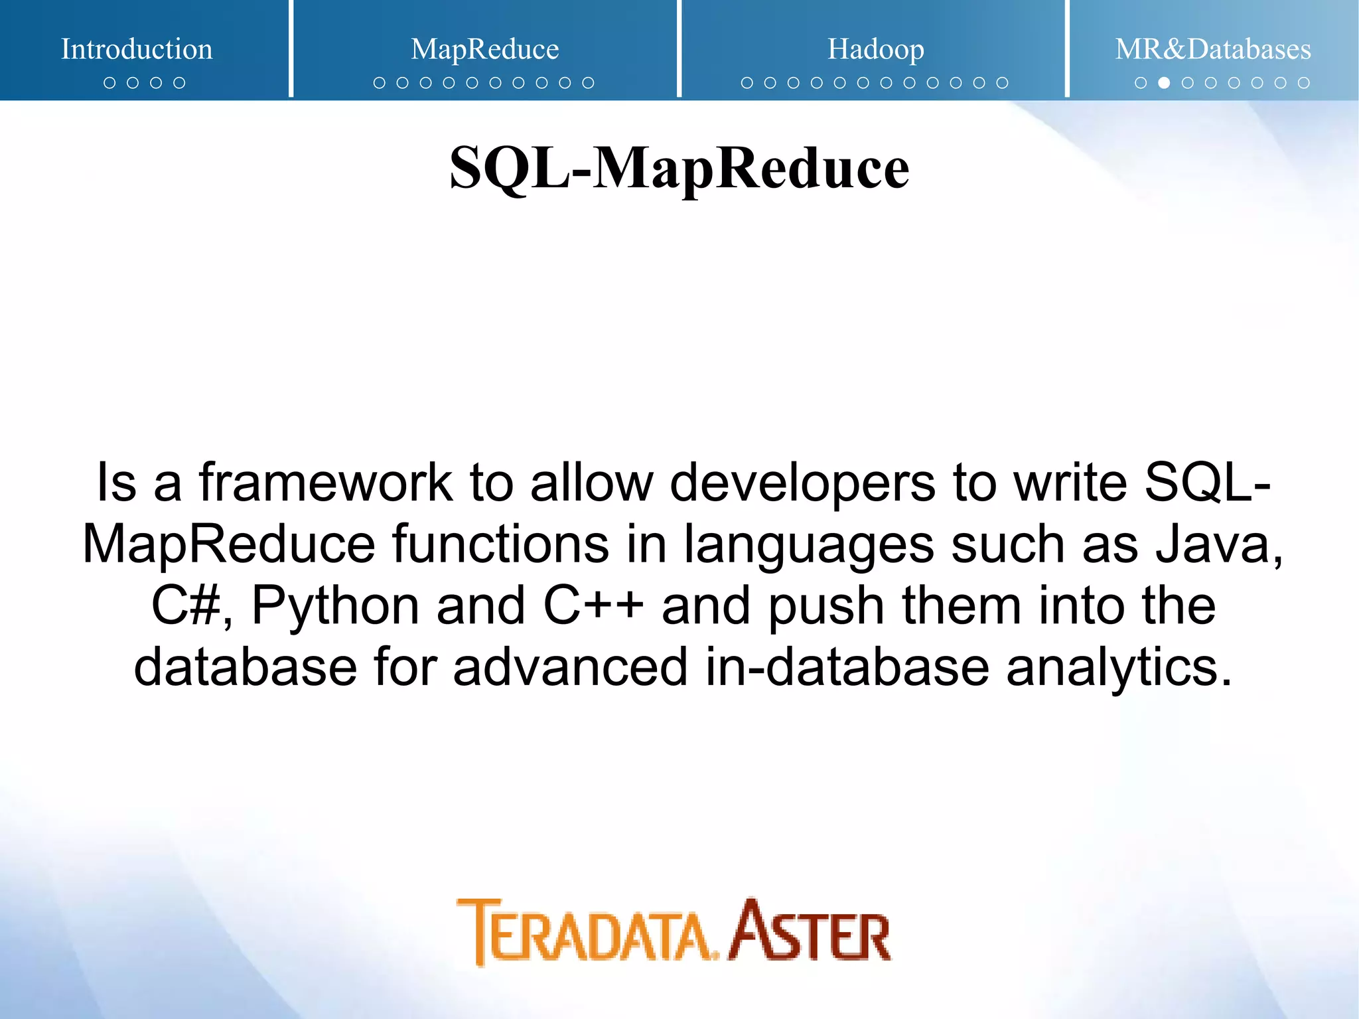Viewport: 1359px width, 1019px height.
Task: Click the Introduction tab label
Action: pos(137,49)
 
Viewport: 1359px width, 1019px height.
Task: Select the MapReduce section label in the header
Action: pos(484,49)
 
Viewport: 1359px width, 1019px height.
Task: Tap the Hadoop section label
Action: pos(875,49)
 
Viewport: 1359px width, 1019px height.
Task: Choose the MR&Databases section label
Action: pos(1212,49)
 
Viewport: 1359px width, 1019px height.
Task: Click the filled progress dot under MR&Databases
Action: pos(1164,83)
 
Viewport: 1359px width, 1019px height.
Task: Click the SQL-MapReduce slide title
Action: pos(679,168)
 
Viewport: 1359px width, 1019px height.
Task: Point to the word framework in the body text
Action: pos(325,482)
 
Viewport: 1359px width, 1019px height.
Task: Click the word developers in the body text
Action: pos(802,483)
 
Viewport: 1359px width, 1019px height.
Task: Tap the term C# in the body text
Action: pos(186,605)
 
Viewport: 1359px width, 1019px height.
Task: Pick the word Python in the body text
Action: pos(335,607)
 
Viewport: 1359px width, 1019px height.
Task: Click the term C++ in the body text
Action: pos(593,605)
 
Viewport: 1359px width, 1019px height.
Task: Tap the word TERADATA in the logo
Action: pos(587,933)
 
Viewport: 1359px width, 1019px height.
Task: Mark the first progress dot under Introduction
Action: pos(109,83)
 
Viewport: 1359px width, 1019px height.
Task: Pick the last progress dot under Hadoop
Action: pos(1002,83)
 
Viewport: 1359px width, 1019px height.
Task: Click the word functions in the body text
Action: pos(500,544)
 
